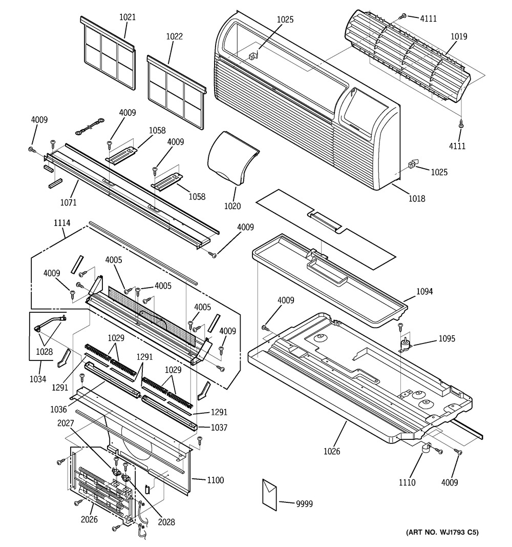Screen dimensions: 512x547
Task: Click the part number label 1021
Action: point(127,17)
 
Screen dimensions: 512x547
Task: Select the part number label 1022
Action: point(174,36)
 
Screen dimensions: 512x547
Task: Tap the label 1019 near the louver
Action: point(459,36)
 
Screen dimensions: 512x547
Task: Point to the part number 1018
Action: point(417,198)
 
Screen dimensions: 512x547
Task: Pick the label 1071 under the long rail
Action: point(68,202)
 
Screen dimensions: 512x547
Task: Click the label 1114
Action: point(61,223)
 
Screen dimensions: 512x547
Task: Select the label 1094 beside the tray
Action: point(424,291)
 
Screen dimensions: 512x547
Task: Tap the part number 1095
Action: point(446,338)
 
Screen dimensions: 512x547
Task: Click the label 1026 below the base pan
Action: point(332,452)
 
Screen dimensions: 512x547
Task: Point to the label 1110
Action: point(407,482)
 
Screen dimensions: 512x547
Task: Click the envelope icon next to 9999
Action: point(270,495)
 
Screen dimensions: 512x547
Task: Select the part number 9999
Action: point(304,504)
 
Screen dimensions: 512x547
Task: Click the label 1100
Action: point(215,480)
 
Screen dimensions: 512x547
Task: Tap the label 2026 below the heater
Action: point(89,519)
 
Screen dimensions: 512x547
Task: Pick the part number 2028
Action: point(166,522)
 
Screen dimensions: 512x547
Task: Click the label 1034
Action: point(37,379)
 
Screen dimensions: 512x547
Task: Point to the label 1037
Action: point(219,428)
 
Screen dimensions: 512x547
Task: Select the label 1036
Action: point(58,409)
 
